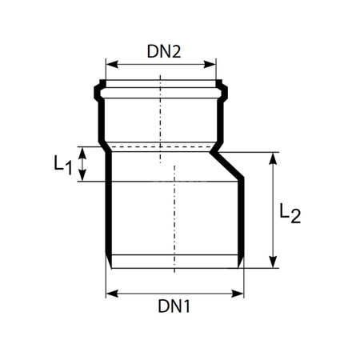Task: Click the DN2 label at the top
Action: click(164, 51)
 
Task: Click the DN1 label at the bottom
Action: click(174, 306)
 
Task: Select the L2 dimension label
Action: click(290, 214)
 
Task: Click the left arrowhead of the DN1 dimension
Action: click(110, 293)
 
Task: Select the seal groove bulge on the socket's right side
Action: click(222, 89)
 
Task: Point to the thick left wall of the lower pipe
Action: click(107, 216)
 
